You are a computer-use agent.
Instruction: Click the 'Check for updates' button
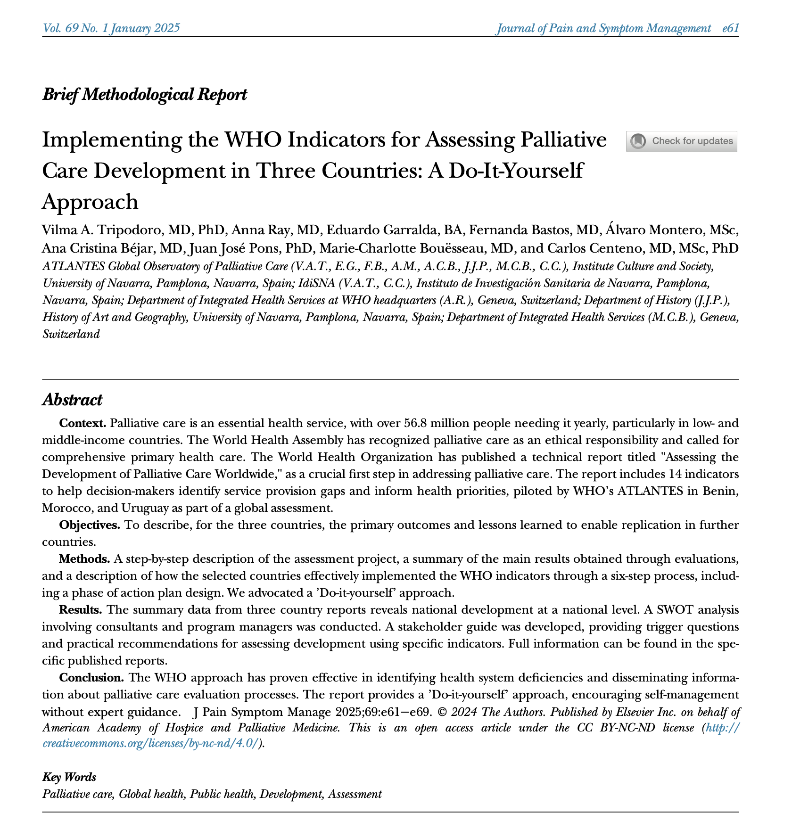(681, 141)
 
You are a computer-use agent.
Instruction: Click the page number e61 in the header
(730, 28)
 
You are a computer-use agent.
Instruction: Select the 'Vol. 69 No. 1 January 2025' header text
(111, 28)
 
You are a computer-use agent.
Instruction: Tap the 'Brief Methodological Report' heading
(145, 94)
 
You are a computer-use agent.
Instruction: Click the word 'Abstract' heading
(72, 400)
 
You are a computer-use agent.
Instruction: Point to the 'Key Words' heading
(69, 777)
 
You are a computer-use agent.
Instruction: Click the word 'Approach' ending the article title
(90, 202)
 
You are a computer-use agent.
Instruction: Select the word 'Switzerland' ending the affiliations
(71, 334)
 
